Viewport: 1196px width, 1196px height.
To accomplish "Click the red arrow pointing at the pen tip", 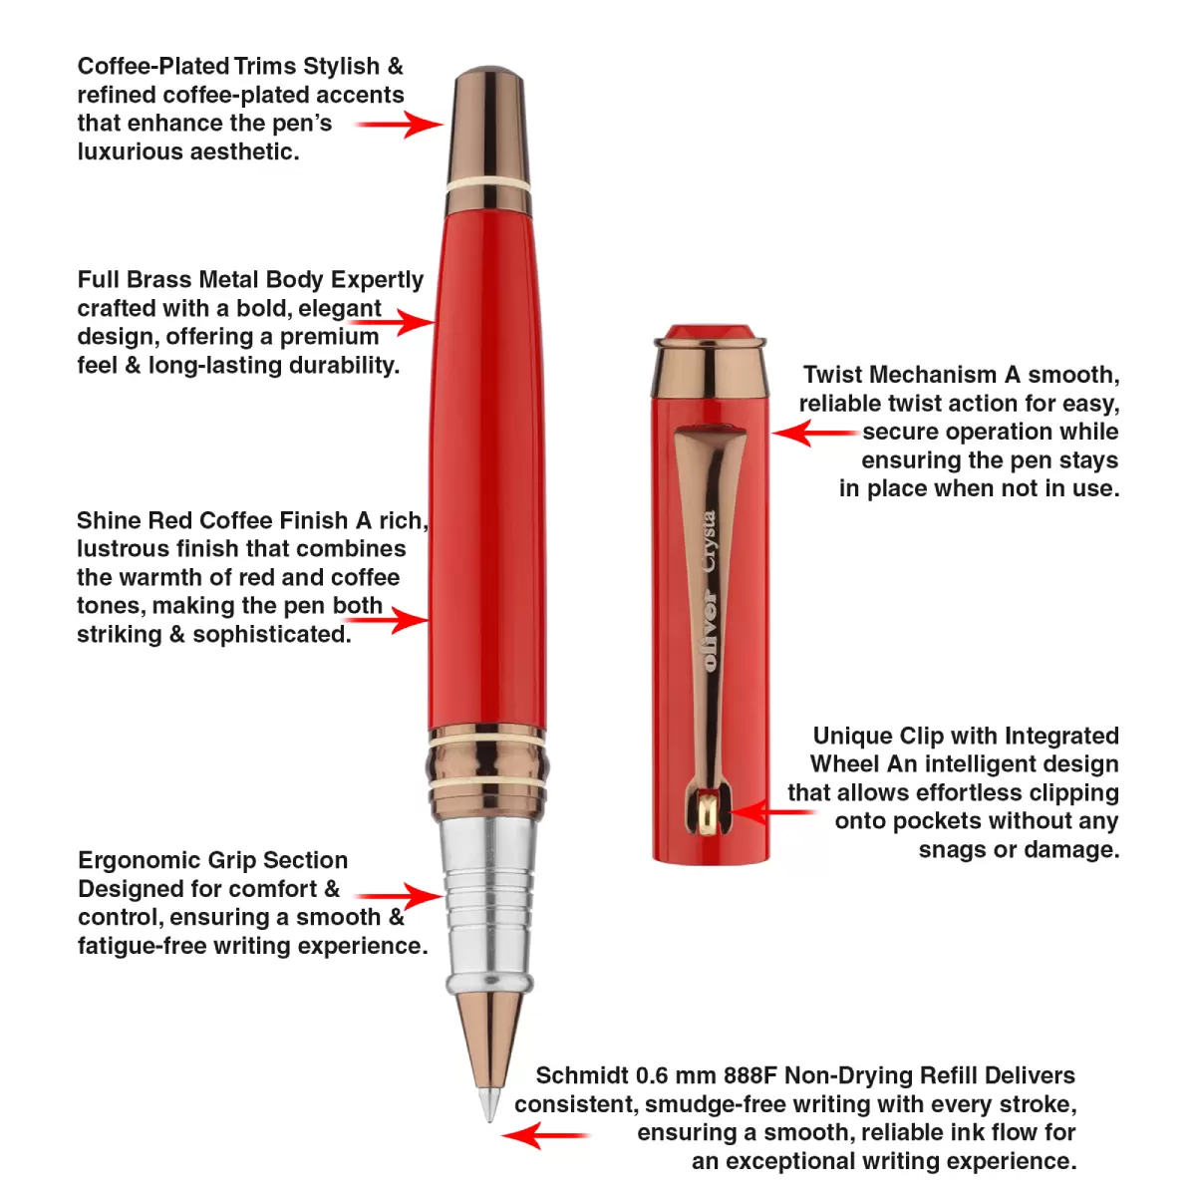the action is [x=545, y=1136].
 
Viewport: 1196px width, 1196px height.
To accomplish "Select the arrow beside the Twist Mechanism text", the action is [x=815, y=433].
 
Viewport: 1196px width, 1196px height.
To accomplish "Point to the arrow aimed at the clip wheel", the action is [x=770, y=812].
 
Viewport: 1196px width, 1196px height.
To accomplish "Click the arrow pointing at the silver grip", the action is [x=399, y=896].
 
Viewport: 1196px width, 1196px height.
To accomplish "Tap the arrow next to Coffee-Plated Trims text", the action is [x=400, y=125].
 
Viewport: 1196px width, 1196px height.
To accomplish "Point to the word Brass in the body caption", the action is [x=159, y=279].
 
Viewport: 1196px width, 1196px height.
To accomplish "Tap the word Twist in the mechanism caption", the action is [x=834, y=375].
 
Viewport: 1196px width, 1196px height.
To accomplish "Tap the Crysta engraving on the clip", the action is [x=709, y=540].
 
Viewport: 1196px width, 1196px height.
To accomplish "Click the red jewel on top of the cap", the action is [x=711, y=332].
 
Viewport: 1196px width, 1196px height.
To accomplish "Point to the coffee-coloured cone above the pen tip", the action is [x=489, y=1041].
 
